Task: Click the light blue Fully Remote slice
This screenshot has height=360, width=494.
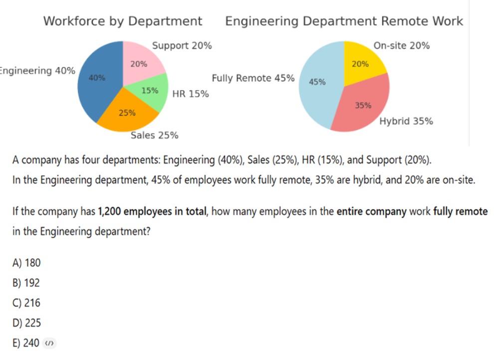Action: tap(319, 90)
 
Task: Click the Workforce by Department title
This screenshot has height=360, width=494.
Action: tap(123, 21)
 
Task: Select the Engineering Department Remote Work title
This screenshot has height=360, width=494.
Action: tap(344, 21)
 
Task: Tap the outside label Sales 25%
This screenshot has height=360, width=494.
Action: tap(154, 135)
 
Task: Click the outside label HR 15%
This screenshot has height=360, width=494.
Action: tap(190, 94)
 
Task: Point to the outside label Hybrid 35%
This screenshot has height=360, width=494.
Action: tap(406, 121)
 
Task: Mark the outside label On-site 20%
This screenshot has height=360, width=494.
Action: tap(401, 45)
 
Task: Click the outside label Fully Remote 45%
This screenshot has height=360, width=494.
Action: tap(253, 78)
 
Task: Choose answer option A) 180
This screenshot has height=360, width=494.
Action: tap(26, 263)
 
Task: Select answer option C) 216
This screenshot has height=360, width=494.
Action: tap(26, 303)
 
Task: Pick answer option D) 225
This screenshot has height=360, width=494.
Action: tap(26, 323)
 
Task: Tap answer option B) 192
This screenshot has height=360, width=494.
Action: tap(26, 283)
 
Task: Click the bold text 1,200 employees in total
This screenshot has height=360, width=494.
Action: tap(152, 211)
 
